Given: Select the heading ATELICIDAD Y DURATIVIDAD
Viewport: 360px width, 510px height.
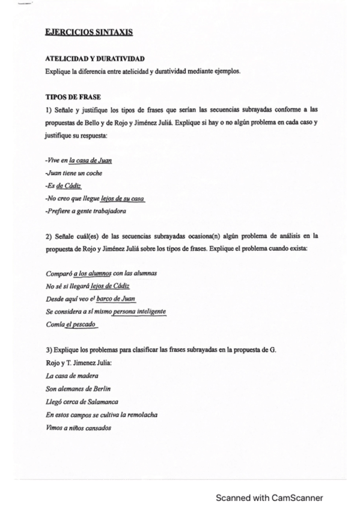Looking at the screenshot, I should coord(94,60).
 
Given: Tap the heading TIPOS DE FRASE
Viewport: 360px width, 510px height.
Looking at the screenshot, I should coord(73,96).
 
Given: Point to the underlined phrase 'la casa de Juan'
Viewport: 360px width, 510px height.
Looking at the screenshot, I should coord(90,161).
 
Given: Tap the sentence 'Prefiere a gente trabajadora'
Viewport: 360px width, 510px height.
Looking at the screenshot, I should coord(85,211).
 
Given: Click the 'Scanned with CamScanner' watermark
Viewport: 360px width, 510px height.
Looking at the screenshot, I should coord(269,497).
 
